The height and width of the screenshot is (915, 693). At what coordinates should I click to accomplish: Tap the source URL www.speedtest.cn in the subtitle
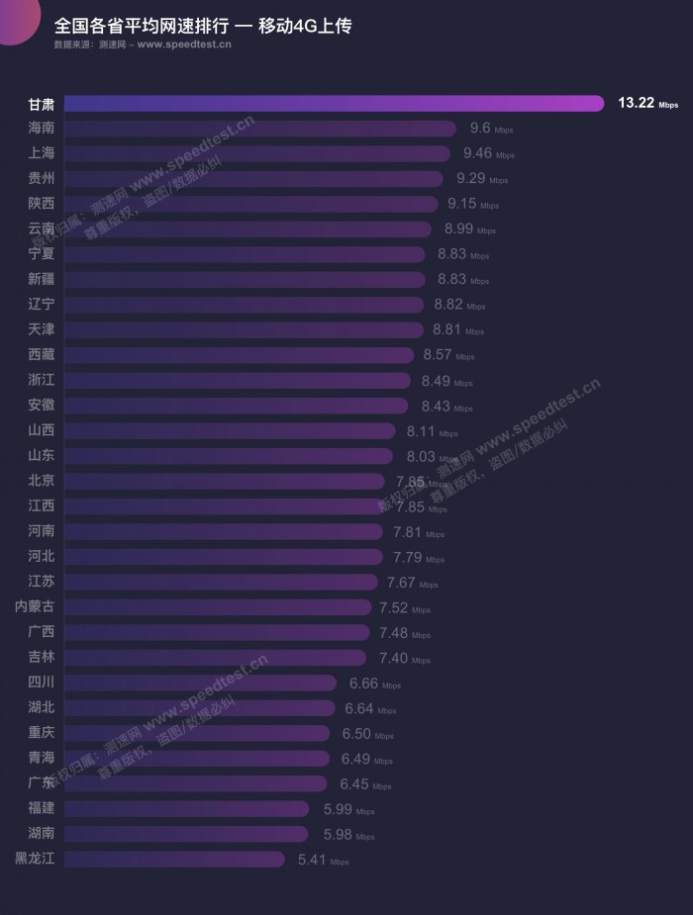pos(184,45)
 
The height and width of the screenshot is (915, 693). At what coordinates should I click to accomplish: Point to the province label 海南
pos(42,129)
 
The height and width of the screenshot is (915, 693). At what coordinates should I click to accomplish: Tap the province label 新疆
pos(42,280)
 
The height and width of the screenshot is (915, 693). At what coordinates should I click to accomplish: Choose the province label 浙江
pos(42,381)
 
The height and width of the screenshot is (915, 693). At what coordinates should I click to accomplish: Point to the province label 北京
pos(42,482)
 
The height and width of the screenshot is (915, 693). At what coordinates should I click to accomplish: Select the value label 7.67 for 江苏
pos(401,583)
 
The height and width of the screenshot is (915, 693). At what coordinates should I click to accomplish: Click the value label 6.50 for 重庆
pos(356,734)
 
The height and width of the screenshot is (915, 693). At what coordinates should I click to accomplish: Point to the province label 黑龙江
pos(35,860)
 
